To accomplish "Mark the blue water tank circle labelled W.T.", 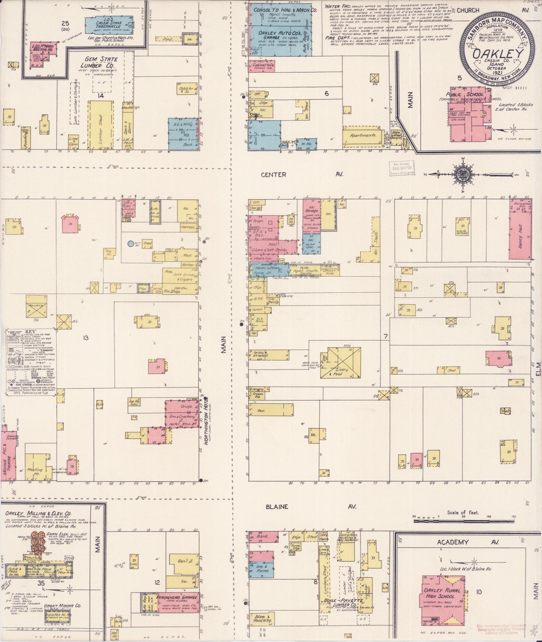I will click(130, 244).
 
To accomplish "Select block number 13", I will click(86, 338).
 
